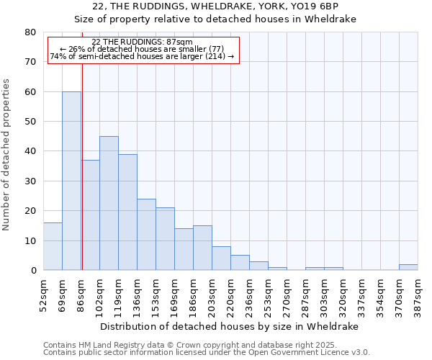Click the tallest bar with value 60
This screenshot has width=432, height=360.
71,181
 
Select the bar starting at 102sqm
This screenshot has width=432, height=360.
109,203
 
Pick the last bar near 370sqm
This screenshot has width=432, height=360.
408,267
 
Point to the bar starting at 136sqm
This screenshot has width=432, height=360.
146,235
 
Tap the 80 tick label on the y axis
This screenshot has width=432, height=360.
30,32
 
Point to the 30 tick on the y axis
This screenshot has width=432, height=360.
30,181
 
